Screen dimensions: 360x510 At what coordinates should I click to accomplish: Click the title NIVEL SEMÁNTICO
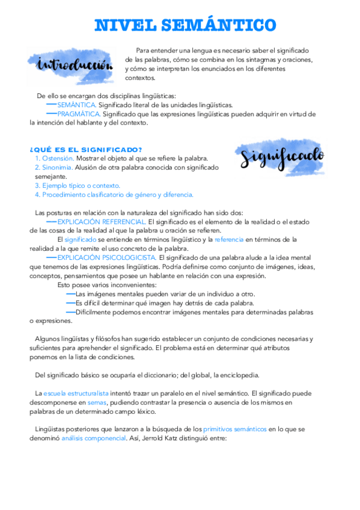[185, 25]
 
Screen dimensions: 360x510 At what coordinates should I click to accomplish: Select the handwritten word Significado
[282, 156]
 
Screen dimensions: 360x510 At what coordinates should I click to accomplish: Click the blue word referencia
[229, 239]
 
